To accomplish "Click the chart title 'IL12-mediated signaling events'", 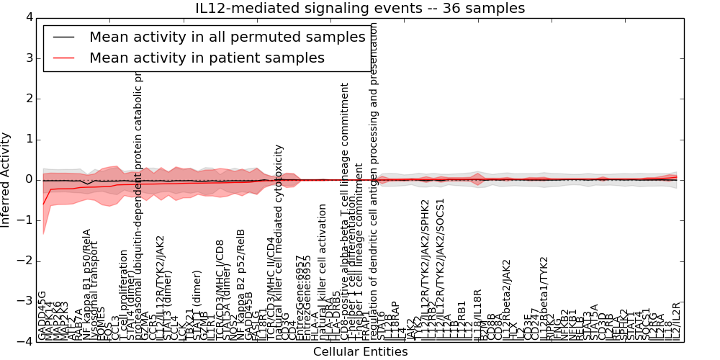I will coord(360,9).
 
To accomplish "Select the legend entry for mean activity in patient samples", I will coord(207,58).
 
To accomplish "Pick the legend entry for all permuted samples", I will coord(227,37).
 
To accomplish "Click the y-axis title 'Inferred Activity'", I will coord(6,179).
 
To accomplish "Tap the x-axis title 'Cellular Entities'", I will coord(360,352).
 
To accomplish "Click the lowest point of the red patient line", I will coord(43,204).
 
